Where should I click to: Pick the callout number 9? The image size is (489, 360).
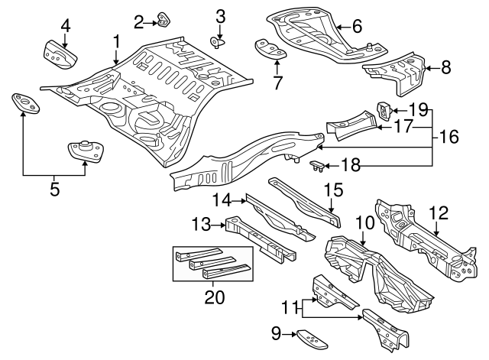pyautogui.click(x=277, y=333)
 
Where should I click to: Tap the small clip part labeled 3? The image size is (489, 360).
pyautogui.click(x=217, y=41)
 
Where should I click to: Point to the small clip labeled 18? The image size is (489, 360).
pyautogui.click(x=315, y=167)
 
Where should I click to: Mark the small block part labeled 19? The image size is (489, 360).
pyautogui.click(x=384, y=111)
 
